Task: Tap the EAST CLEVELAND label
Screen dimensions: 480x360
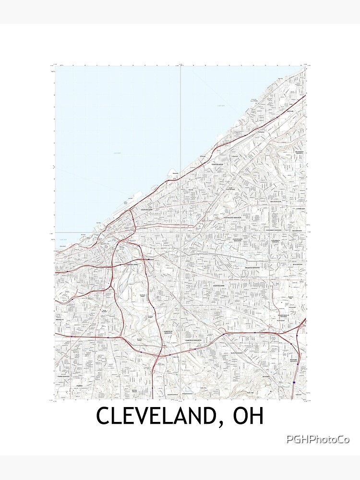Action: click(231, 188)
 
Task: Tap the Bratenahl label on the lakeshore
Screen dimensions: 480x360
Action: click(175, 173)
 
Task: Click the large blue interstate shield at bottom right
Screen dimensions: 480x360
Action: click(294, 383)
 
